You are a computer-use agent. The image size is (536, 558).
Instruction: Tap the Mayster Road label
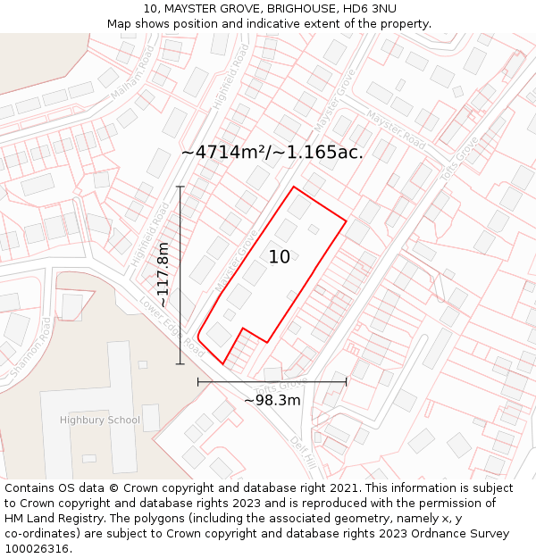click(396, 130)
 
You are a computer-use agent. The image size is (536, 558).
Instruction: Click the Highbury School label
click(100, 420)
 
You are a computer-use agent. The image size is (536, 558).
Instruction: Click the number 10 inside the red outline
click(279, 257)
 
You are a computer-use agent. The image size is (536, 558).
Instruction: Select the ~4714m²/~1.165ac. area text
click(272, 152)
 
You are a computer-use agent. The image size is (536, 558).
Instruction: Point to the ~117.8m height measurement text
click(163, 275)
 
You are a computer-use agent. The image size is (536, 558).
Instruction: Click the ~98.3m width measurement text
click(272, 400)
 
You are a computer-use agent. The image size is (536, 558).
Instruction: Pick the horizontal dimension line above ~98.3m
click(272, 381)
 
